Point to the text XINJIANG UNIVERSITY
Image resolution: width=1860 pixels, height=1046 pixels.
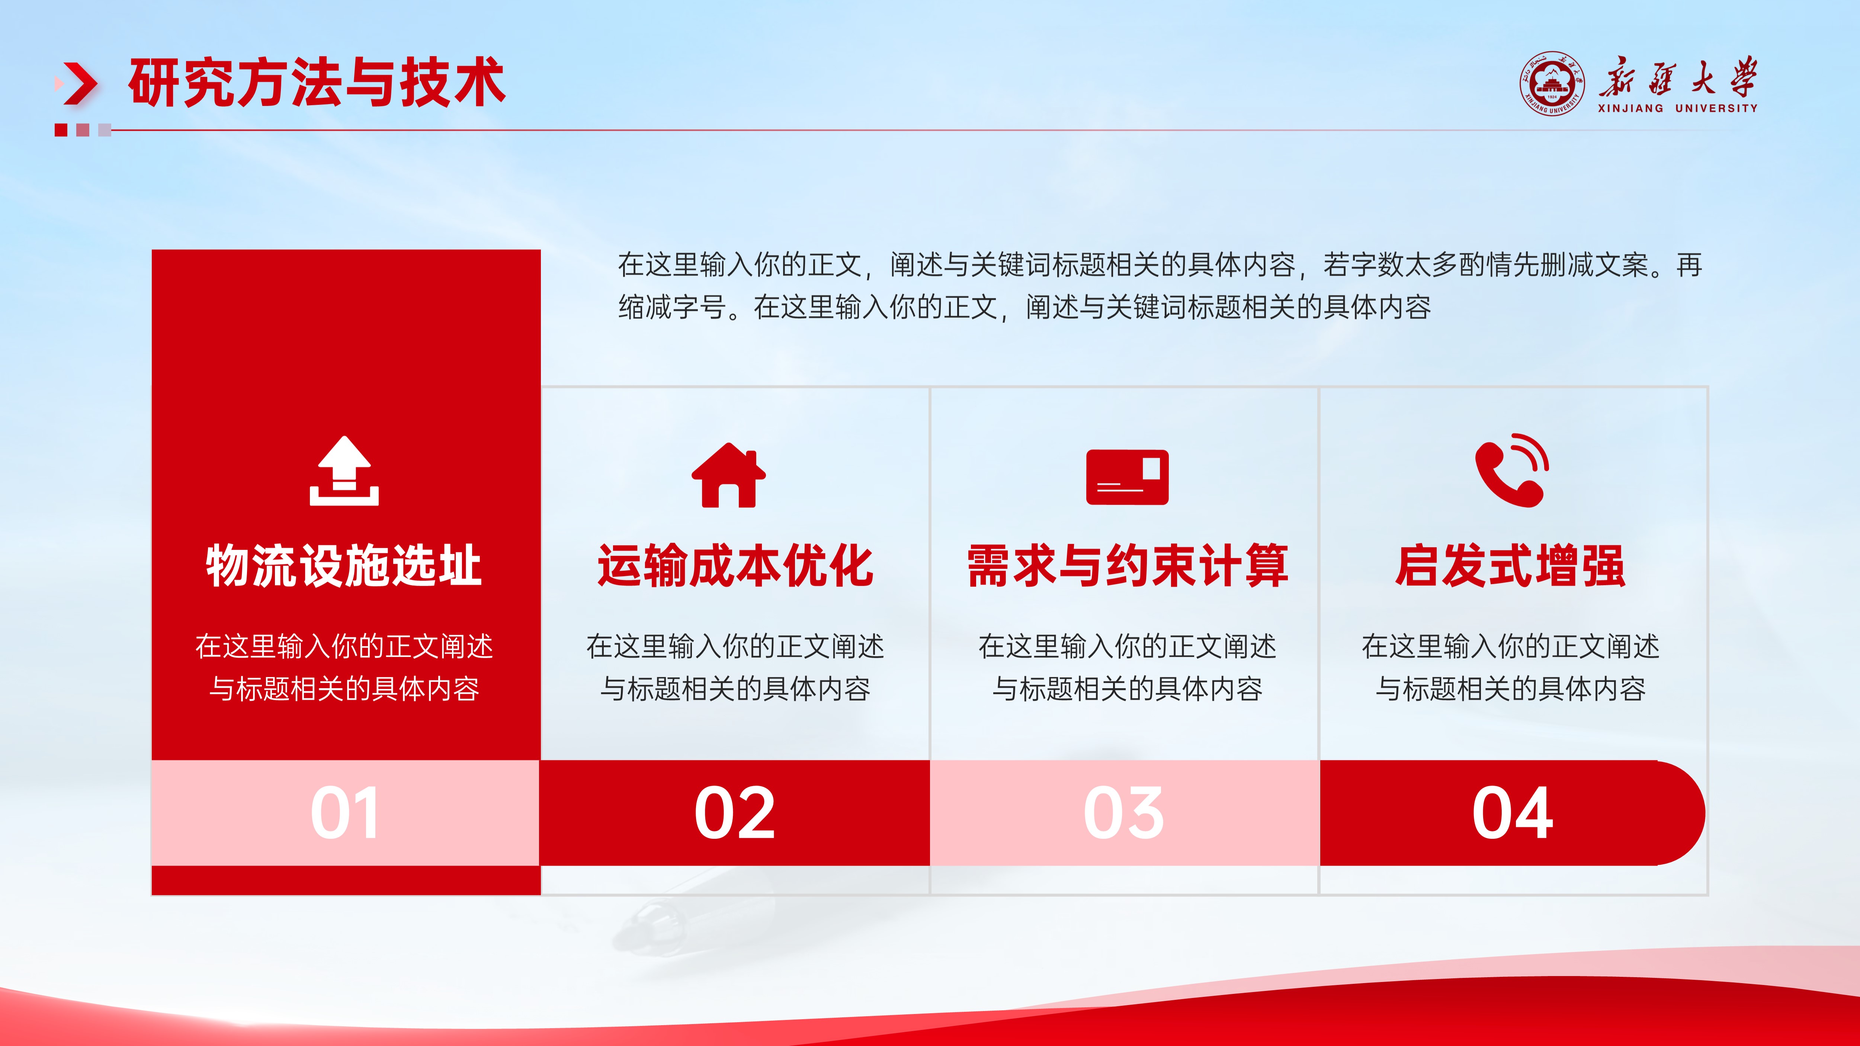click(1677, 108)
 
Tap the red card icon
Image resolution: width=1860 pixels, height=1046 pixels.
click(1127, 477)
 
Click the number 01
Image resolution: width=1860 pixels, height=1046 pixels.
click(344, 813)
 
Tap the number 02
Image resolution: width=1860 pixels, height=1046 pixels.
click(735, 813)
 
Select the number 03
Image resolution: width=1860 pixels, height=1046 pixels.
click(1124, 813)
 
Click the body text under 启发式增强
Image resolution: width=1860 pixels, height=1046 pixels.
click(1511, 668)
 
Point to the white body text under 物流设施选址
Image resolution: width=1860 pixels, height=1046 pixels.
click(344, 668)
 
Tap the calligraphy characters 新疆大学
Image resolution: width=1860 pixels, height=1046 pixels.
click(1677, 77)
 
